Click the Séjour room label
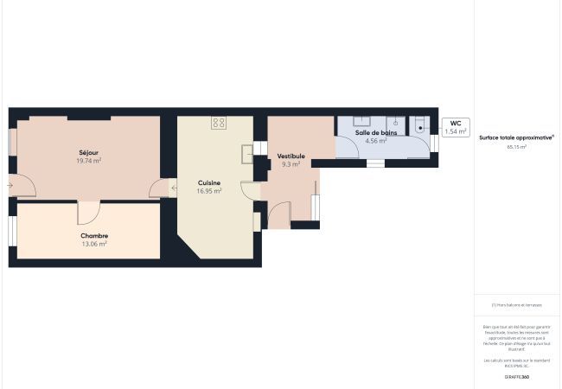[88, 152]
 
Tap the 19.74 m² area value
[88, 161]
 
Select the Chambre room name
[93, 235]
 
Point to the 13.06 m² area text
[93, 244]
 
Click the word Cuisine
[209, 182]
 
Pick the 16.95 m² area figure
[209, 191]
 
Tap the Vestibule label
[291, 156]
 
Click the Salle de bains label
[376, 132]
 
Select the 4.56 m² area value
[376, 141]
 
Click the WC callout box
[456, 127]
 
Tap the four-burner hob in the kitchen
[219, 123]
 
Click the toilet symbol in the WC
[421, 126]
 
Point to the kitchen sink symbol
[247, 154]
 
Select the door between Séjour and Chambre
[89, 211]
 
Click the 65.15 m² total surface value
[516, 148]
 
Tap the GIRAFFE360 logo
[516, 377]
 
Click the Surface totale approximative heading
[516, 137]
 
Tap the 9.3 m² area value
[291, 164]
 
